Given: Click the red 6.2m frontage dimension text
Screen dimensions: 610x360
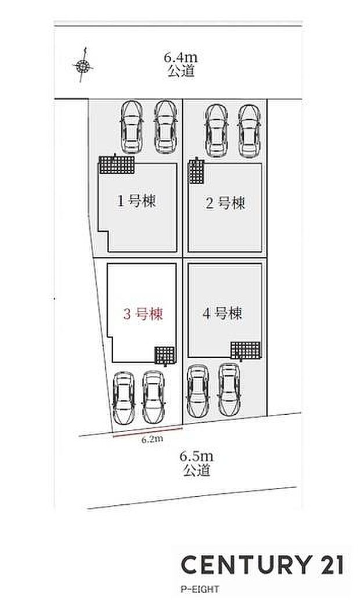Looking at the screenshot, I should pyautogui.click(x=152, y=439).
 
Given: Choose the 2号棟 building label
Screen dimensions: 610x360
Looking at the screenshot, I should pyautogui.click(x=225, y=203).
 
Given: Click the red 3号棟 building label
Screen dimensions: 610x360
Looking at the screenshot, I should pyautogui.click(x=142, y=314).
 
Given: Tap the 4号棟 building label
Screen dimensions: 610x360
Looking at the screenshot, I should pyautogui.click(x=222, y=314).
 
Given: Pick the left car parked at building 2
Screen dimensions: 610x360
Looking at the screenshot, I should pyautogui.click(x=216, y=131).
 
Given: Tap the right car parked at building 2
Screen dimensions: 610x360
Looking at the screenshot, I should pyautogui.click(x=249, y=131).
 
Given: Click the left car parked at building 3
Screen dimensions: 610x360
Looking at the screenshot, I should pyautogui.click(x=123, y=398).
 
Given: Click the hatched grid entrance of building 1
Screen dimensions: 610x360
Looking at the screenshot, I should pyautogui.click(x=116, y=164).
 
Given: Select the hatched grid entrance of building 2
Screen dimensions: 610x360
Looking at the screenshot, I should pyautogui.click(x=196, y=171).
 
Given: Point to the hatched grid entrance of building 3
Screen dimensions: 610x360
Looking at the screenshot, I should pyautogui.click(x=164, y=354).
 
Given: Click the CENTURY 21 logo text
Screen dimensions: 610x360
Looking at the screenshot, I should pyautogui.click(x=262, y=564).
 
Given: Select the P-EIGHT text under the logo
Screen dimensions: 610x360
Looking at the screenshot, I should pyautogui.click(x=200, y=589).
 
